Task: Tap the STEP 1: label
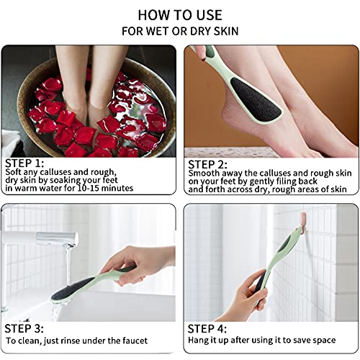24,163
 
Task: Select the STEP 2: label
209,163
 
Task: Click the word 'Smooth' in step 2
204,174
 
